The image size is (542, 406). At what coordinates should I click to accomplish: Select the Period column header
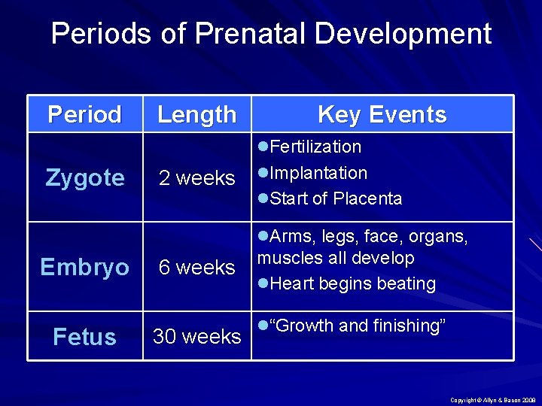coord(84,114)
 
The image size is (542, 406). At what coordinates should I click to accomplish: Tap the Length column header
coord(196,114)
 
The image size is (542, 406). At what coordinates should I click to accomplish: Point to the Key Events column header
coord(382,114)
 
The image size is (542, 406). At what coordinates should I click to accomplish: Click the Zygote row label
coord(85,177)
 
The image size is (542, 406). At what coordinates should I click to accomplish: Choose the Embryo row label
coord(84,267)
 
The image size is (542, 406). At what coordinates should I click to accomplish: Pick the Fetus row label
coord(84,337)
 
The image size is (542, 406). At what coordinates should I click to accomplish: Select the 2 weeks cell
coord(196,178)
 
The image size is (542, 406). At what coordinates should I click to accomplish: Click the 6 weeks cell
coord(196,268)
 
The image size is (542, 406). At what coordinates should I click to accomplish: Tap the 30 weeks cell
coord(196,337)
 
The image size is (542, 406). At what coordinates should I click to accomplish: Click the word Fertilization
coord(315,147)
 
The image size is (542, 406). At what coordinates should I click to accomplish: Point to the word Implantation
coord(318,173)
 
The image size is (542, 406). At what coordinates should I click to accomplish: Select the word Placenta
coord(368,199)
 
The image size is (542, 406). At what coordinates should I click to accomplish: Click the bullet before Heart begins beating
coord(263,284)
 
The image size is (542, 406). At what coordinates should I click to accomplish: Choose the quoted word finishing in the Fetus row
coord(410,326)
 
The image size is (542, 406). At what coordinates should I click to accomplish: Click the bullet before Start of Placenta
coord(263,199)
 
